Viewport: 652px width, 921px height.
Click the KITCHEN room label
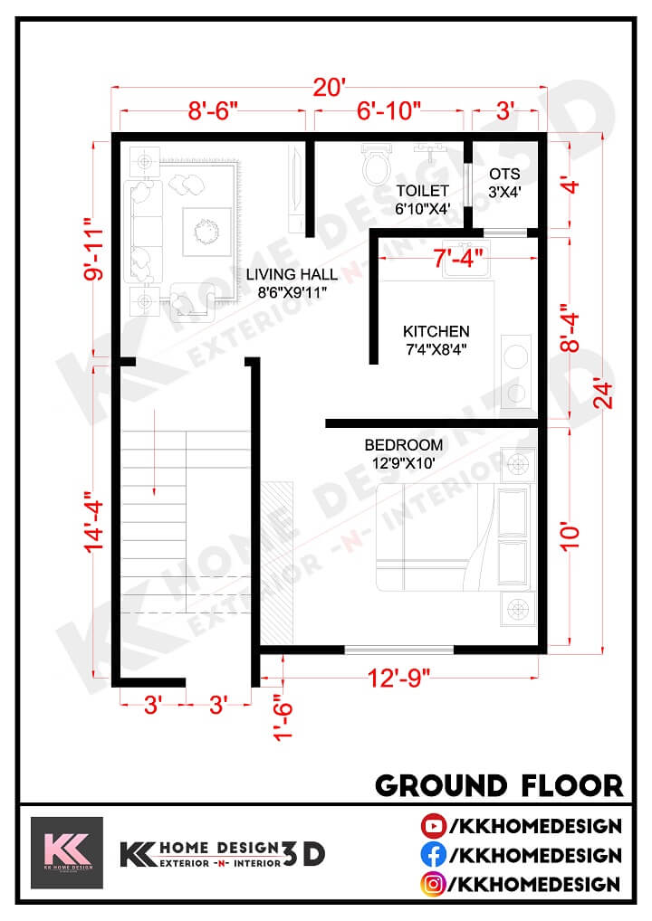pyautogui.click(x=436, y=331)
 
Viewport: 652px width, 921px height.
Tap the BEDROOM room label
pyautogui.click(x=404, y=445)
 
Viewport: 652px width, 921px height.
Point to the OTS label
pyautogui.click(x=503, y=174)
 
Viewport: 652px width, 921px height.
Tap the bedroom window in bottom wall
pyautogui.click(x=398, y=648)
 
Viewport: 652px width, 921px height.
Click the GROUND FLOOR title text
pyautogui.click(x=499, y=784)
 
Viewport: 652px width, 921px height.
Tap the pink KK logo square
pyautogui.click(x=67, y=853)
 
